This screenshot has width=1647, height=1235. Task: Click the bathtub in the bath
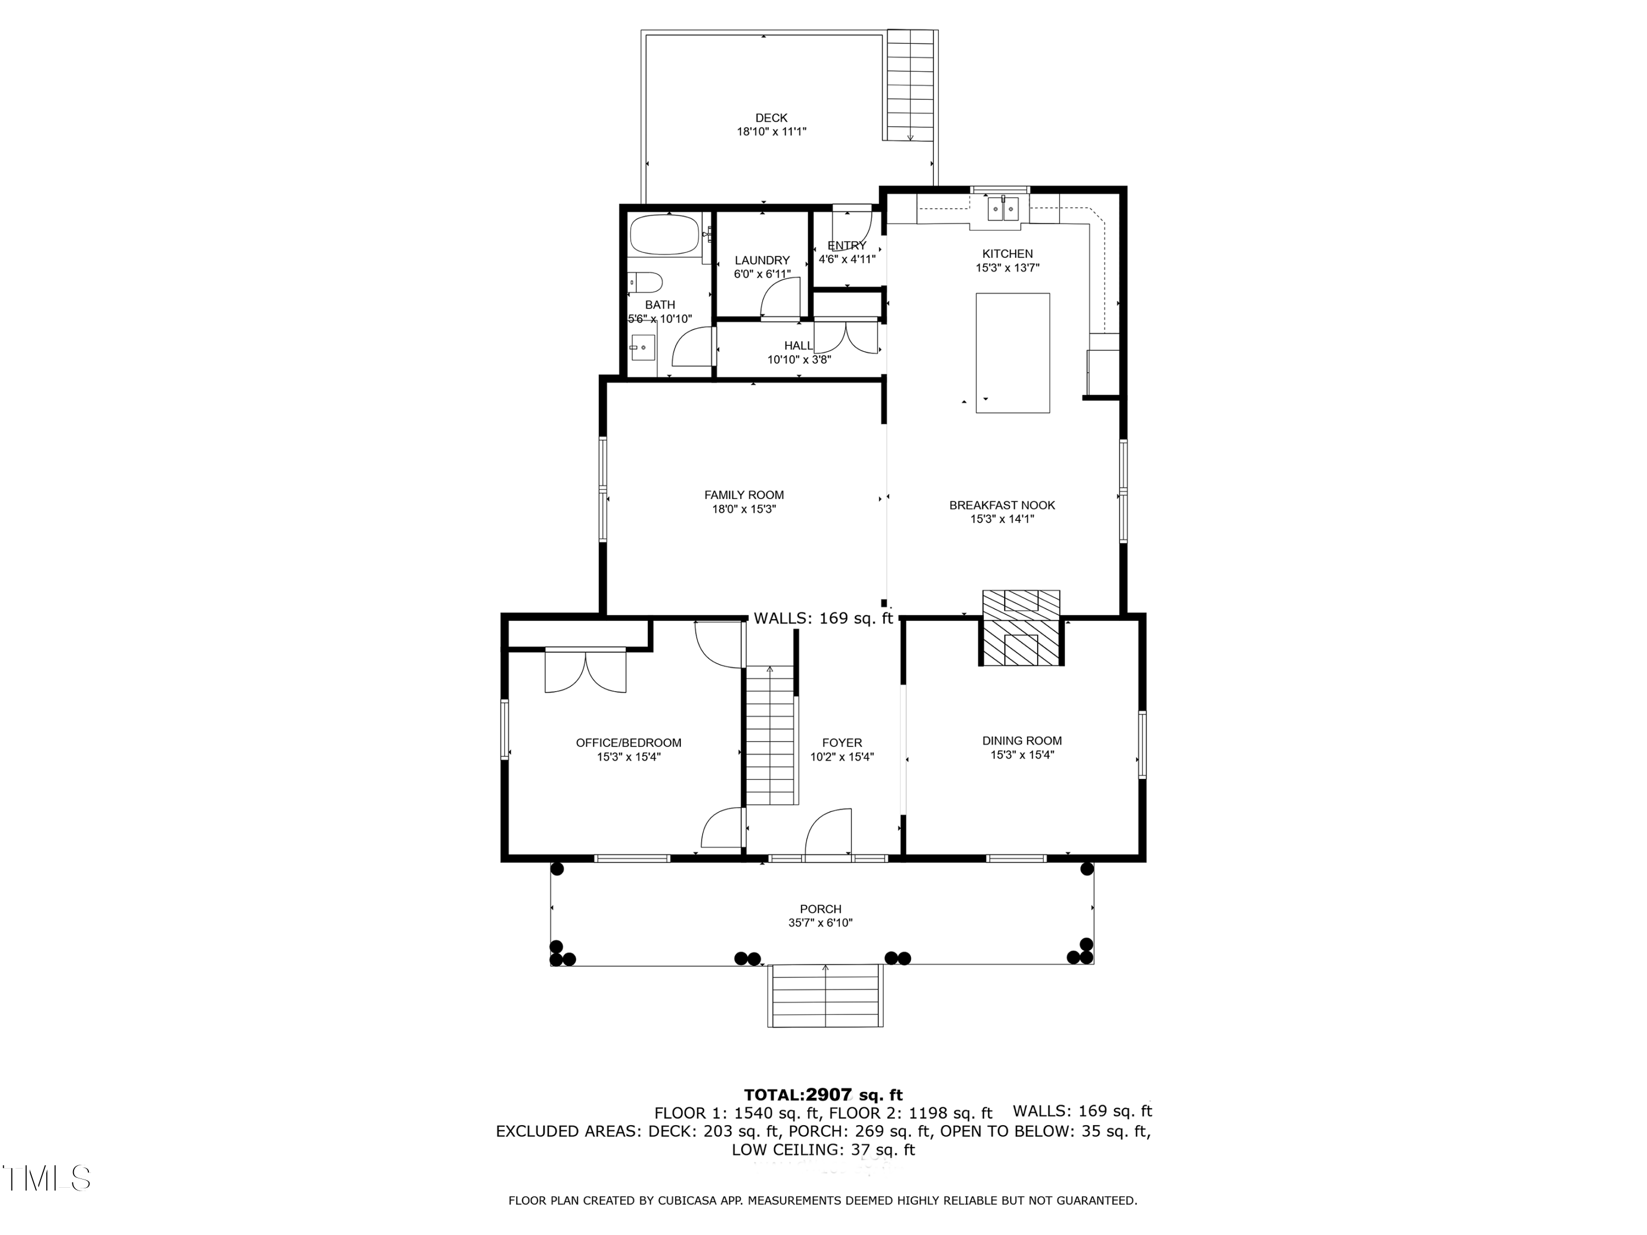click(665, 234)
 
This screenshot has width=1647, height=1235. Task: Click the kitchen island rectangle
click(1012, 353)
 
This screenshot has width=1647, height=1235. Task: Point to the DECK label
click(771, 117)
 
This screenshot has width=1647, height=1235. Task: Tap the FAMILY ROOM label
click(744, 495)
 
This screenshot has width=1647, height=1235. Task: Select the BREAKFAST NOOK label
click(1002, 506)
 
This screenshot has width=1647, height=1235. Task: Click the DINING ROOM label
click(1022, 740)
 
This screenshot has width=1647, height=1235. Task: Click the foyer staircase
click(771, 736)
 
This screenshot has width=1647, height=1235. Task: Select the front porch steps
click(826, 996)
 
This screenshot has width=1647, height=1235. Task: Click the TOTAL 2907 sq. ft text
click(824, 1095)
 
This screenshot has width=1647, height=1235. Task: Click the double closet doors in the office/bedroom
click(585, 671)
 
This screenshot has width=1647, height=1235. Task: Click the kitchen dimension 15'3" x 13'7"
click(1007, 268)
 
